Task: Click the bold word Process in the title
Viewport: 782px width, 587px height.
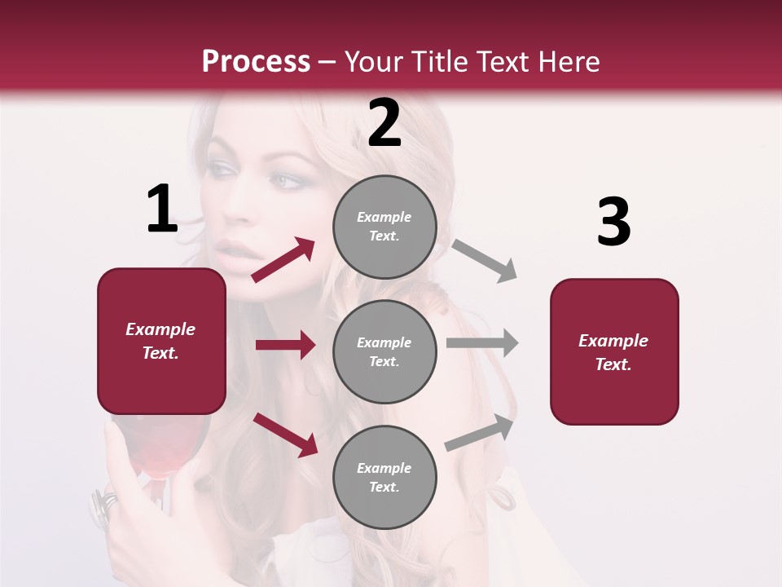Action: (x=256, y=62)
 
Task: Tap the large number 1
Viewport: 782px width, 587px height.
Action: (x=162, y=210)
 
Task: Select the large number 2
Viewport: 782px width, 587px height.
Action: (x=384, y=124)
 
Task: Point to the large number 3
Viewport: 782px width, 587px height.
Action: (x=613, y=222)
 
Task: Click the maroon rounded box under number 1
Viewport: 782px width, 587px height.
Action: (x=161, y=341)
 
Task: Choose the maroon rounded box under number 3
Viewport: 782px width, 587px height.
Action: (x=614, y=352)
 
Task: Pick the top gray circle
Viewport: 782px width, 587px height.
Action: (x=384, y=227)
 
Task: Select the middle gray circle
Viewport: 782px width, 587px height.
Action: (x=384, y=352)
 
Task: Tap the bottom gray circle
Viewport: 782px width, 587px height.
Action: (x=384, y=478)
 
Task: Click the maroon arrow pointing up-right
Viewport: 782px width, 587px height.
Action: (x=283, y=260)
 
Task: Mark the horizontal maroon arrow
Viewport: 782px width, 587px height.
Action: (x=285, y=345)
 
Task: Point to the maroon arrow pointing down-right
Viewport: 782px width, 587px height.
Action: (x=285, y=434)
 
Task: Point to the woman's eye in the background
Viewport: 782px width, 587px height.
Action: (x=279, y=180)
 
